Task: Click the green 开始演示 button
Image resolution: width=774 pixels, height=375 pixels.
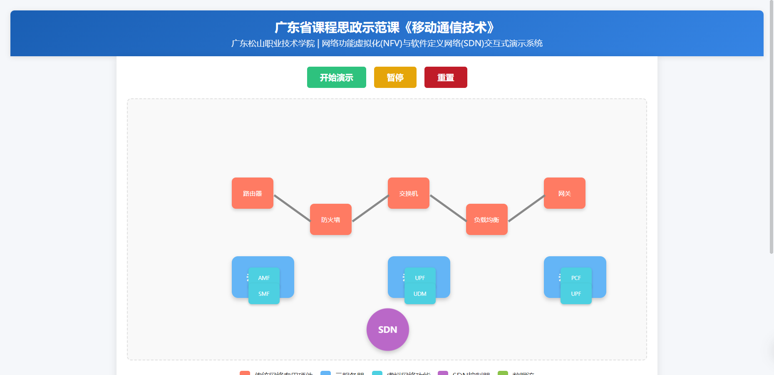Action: coord(336,77)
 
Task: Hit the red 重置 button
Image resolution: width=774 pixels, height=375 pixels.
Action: coord(445,77)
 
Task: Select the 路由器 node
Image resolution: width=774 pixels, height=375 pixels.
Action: coord(253,193)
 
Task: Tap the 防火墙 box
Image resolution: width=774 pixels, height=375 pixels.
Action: coord(331,220)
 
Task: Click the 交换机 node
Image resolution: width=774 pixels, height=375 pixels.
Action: coord(409,193)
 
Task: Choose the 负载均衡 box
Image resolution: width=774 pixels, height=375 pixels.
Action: coord(487,220)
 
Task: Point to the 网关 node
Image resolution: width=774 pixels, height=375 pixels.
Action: coord(565,193)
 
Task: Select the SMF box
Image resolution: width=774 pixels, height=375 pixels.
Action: coord(264,294)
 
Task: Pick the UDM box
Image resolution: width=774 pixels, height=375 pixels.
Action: coord(420,294)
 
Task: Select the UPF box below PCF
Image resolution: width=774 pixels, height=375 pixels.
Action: coord(576,294)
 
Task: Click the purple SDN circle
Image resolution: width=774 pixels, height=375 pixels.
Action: coord(388,330)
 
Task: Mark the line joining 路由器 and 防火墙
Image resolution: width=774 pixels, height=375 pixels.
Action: coord(292,207)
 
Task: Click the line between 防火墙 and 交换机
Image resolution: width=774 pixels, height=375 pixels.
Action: coord(370,208)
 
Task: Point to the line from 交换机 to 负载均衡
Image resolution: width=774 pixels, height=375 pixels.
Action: coord(448,207)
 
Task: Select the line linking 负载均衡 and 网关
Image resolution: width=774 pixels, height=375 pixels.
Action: coord(526,208)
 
